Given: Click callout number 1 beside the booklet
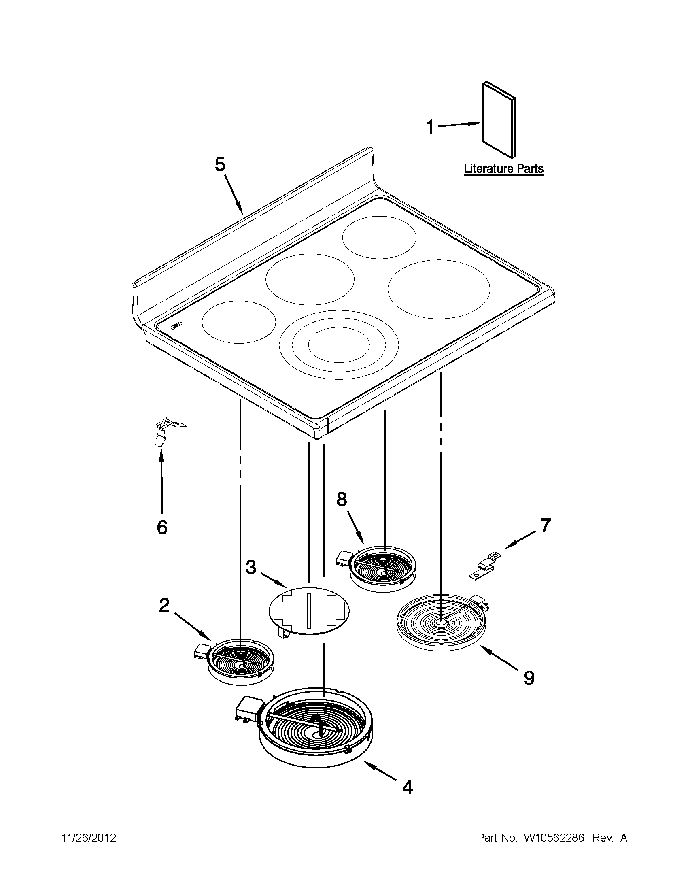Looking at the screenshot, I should [430, 127].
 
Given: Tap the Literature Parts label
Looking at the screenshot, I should [504, 168].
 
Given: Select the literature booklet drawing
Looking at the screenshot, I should [499, 119].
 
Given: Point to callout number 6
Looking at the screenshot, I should [162, 527].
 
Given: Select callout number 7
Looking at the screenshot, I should [545, 525].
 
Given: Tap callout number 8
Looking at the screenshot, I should [341, 499].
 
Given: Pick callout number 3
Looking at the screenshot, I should [251, 567].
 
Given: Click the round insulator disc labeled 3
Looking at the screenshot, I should [309, 612].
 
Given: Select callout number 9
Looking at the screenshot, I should [529, 678].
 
